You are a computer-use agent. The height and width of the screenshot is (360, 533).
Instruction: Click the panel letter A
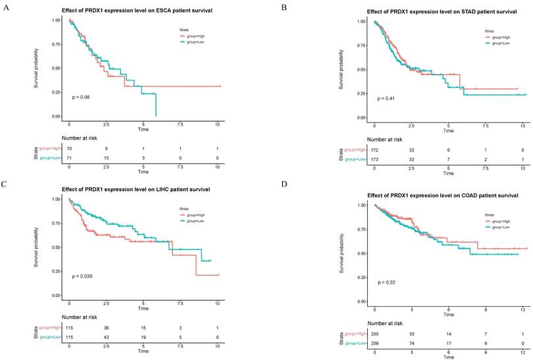coord(5,8)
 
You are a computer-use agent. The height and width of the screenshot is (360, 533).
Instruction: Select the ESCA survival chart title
coord(137,12)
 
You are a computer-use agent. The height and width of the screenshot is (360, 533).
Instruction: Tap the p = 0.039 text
coord(83,276)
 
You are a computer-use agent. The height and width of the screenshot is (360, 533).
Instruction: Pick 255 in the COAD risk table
coord(374,334)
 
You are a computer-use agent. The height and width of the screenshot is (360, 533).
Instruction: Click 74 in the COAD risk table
coord(411,344)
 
